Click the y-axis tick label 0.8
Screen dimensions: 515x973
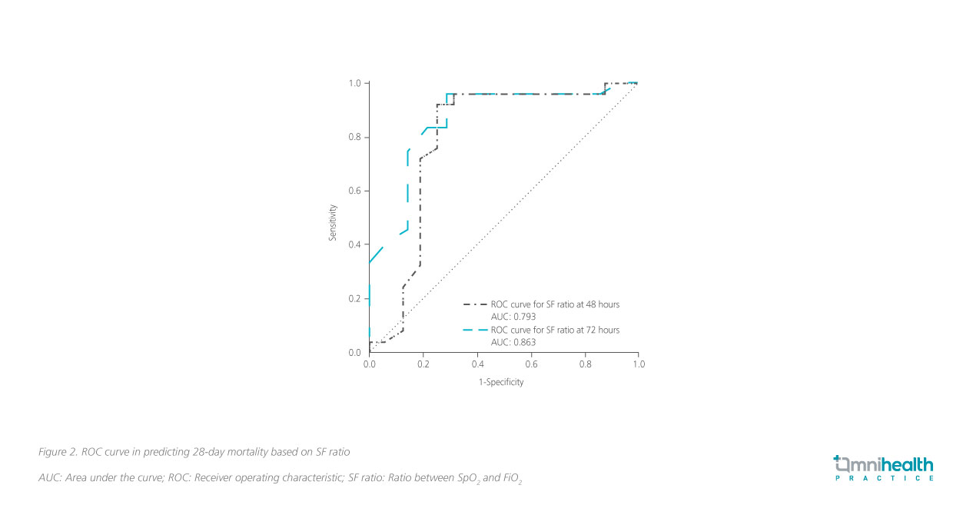click(355, 138)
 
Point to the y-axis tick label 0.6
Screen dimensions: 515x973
click(355, 191)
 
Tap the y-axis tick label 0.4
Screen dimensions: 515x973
click(355, 245)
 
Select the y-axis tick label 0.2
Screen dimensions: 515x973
click(355, 299)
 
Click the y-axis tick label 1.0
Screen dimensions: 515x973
click(355, 83)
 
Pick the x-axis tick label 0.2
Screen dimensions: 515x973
click(423, 364)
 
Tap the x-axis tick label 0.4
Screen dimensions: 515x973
click(477, 364)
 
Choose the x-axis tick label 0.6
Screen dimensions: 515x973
click(531, 364)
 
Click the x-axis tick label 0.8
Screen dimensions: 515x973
click(585, 364)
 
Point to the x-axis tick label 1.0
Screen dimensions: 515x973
click(638, 364)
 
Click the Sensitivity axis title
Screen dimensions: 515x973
click(334, 222)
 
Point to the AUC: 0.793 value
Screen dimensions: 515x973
click(513, 317)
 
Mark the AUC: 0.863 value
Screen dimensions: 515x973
click(513, 342)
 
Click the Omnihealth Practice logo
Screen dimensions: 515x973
click(884, 468)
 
